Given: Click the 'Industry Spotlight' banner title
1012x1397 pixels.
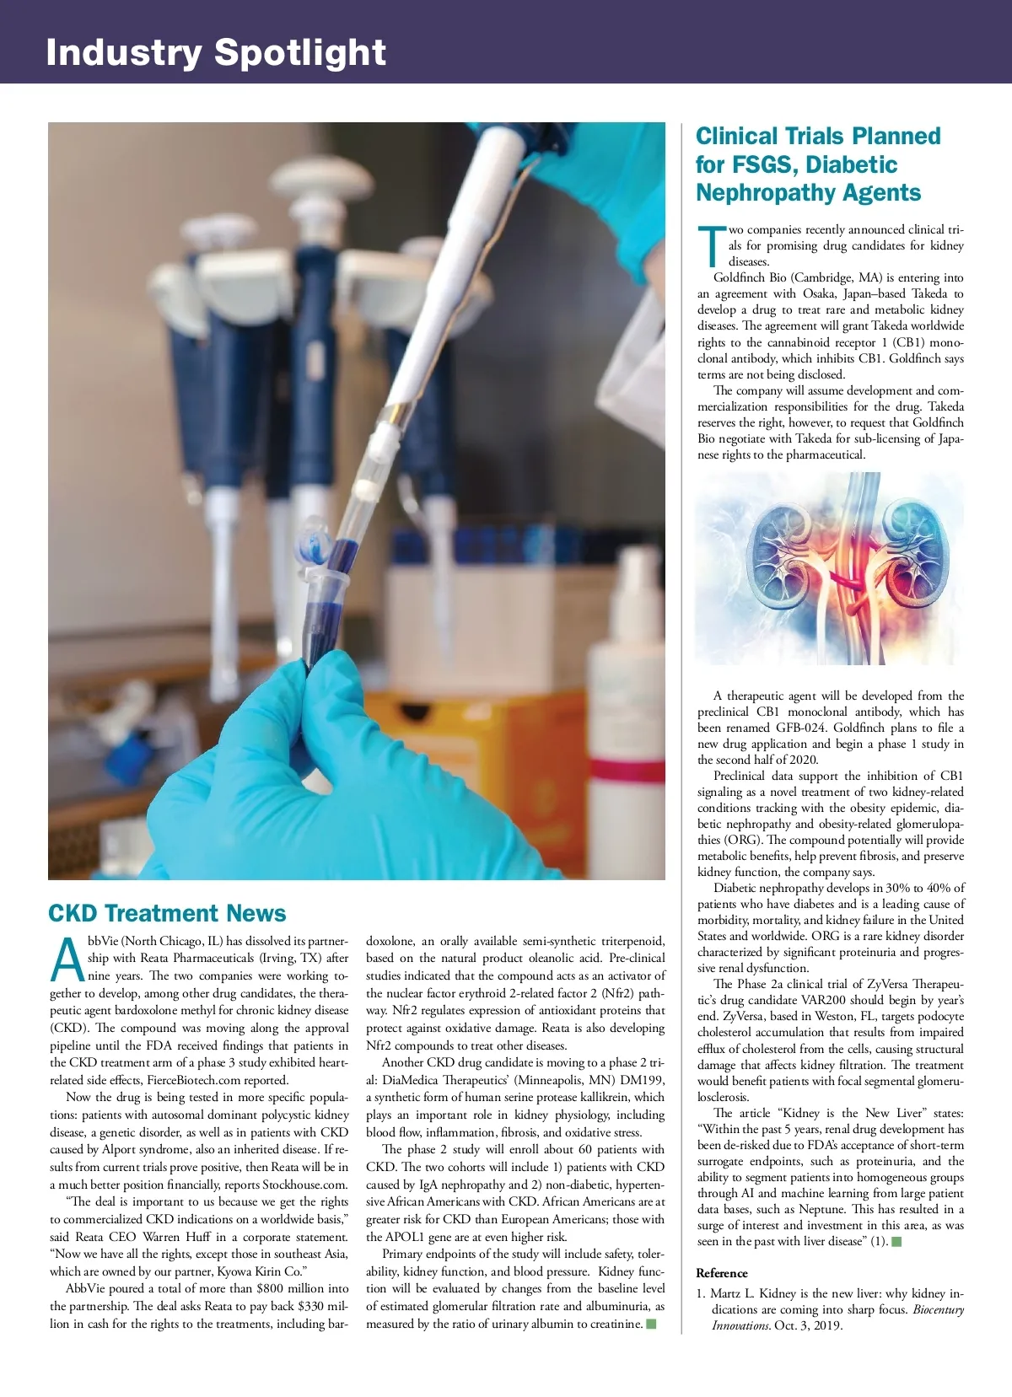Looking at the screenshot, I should coord(216,52).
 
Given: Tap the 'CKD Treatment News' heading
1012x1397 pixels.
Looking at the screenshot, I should coord(167,913).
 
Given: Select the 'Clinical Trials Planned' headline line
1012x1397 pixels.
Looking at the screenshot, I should coord(818,137).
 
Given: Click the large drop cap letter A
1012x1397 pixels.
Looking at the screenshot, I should coord(67,960).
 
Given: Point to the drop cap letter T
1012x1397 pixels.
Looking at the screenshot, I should coord(711,244).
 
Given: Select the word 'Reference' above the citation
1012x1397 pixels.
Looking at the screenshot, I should coord(722,1273).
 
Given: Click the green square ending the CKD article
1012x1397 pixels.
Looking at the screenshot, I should coord(651,1324).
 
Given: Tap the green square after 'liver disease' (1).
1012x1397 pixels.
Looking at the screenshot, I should coord(896,1241).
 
